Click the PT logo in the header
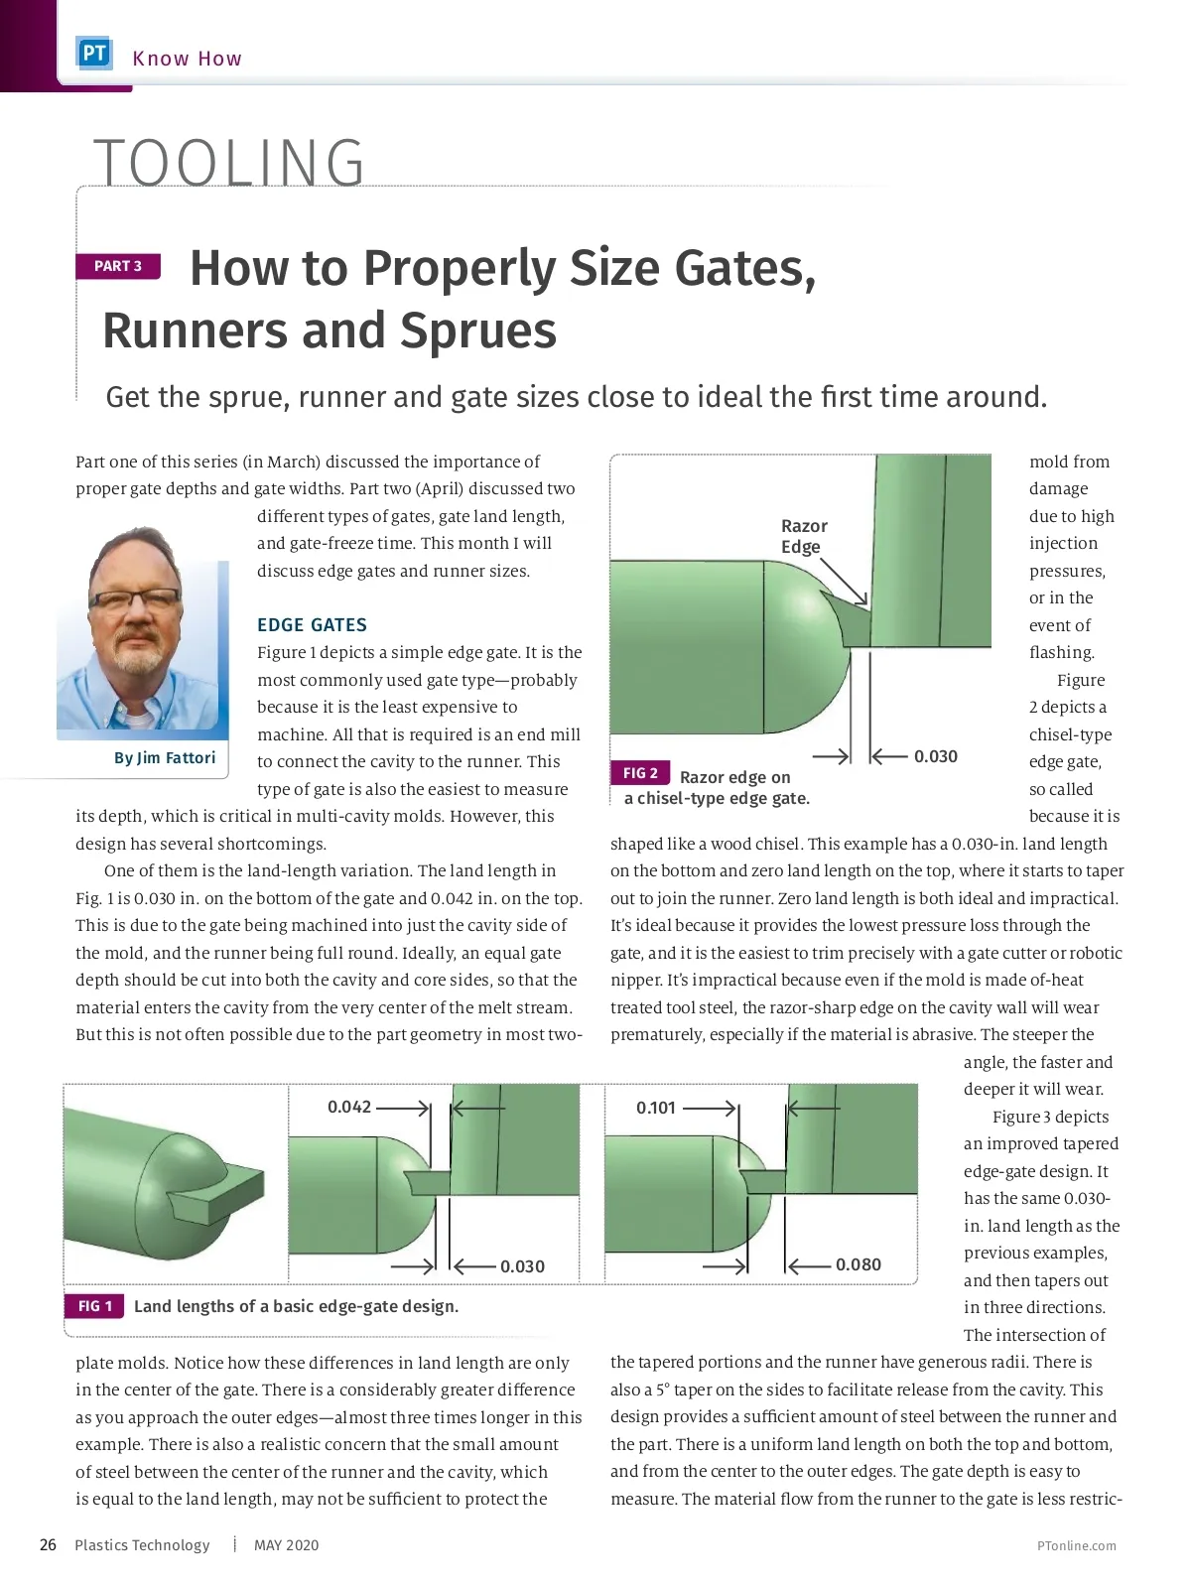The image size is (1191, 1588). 94,54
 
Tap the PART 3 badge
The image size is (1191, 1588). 118,266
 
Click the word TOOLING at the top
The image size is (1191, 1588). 229,163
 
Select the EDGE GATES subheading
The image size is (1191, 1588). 312,625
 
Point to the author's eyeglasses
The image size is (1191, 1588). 136,599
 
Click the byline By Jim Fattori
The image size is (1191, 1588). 165,758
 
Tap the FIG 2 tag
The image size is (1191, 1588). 640,773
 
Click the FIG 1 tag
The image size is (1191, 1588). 94,1306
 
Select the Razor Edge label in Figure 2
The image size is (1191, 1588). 804,536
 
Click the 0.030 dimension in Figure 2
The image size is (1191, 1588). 936,756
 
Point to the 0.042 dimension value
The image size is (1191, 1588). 349,1107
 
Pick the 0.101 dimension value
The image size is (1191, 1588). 656,1108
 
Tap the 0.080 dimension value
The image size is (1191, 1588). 859,1264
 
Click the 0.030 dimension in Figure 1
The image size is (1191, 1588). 522,1266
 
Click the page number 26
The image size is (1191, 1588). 48,1545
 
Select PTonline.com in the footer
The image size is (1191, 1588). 1076,1546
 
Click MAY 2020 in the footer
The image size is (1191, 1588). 286,1545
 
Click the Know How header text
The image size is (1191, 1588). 187,59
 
